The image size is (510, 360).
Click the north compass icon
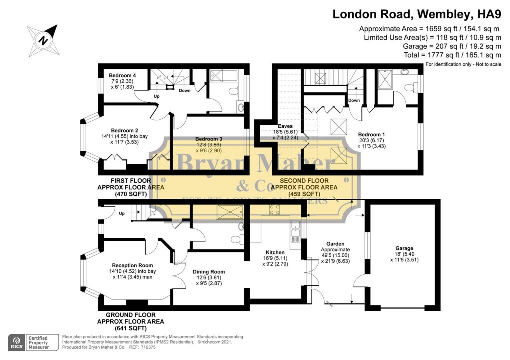click(44, 39)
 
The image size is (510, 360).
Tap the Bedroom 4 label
click(122, 76)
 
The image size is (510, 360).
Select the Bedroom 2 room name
click(125, 130)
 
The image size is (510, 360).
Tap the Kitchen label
click(275, 253)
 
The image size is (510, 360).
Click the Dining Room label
click(209, 272)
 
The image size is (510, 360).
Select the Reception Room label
click(132, 265)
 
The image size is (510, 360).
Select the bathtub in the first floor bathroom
click(224, 76)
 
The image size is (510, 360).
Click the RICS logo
click(17, 342)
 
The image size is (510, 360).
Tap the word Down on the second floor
click(354, 100)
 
